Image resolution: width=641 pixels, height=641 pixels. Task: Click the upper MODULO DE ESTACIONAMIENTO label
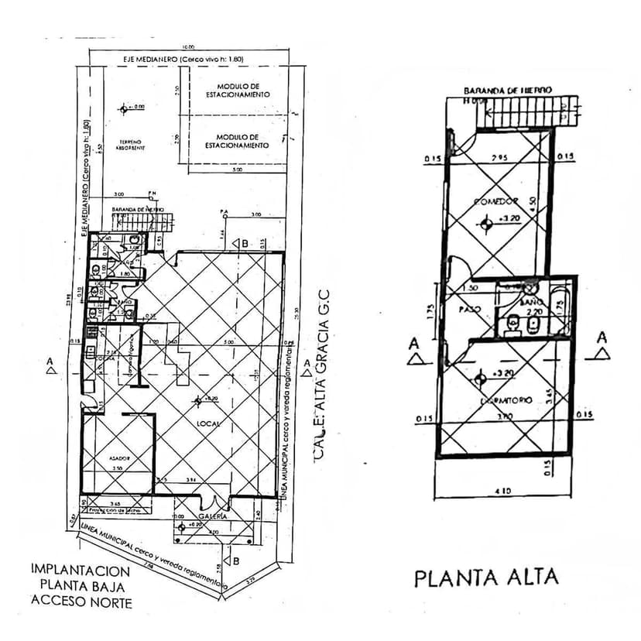pos(238,90)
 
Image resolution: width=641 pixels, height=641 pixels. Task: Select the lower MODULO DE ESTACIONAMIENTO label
pos(237,141)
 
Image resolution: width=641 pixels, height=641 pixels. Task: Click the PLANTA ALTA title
pos(485,578)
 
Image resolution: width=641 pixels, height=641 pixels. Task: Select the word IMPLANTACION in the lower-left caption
pos(81,568)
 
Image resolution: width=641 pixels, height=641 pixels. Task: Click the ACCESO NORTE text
pos(81,602)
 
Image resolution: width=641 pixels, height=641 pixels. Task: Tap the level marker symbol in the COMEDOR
pos(486,224)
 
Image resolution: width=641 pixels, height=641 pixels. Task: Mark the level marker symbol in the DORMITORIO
pos(482,378)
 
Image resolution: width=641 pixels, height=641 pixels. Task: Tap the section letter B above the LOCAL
pos(245,243)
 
